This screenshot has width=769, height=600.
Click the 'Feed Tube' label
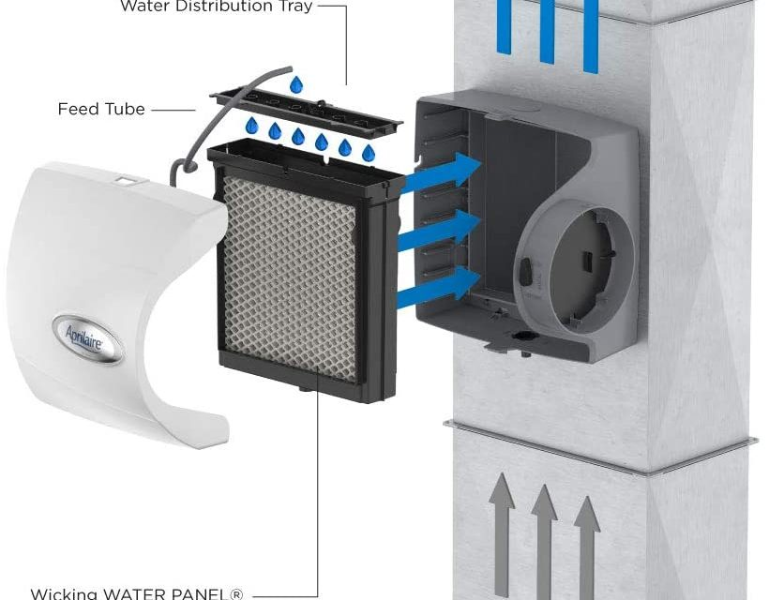[x=101, y=109]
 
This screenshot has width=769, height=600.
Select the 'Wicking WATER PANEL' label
[x=137, y=593]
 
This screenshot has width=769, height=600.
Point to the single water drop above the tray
[x=296, y=85]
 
